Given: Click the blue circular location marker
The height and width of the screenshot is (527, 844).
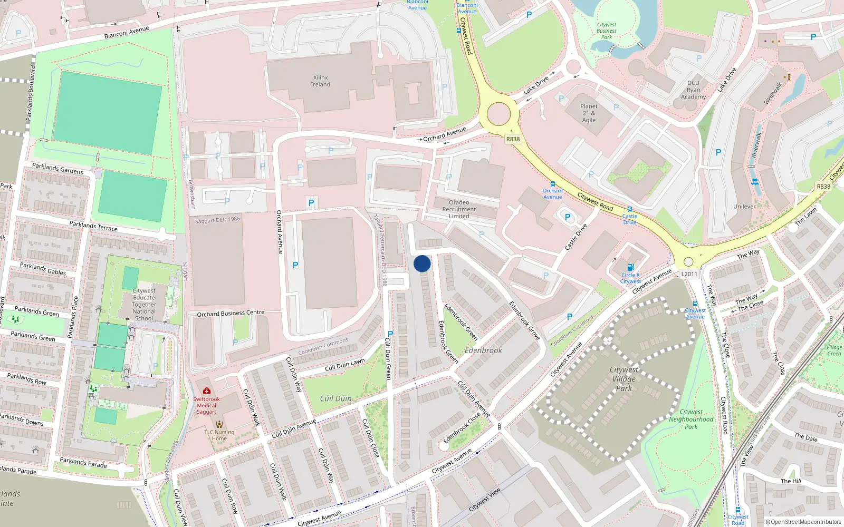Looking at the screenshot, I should tap(422, 263).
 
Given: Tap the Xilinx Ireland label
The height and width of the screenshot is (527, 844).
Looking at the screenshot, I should tap(320, 81).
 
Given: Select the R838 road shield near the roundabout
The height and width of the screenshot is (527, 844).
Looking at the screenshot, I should tap(513, 139).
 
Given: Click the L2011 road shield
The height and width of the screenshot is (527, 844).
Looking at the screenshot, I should tap(689, 274).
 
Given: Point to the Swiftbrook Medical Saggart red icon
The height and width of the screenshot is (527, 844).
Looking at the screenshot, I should tap(207, 391).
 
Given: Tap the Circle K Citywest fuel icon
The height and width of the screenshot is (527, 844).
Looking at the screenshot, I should tap(630, 267).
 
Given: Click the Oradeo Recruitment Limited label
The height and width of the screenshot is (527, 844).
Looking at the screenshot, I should tap(459, 209).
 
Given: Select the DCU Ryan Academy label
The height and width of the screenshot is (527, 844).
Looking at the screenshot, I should tap(693, 90).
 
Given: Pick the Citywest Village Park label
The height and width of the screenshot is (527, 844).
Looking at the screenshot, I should tap(624, 379).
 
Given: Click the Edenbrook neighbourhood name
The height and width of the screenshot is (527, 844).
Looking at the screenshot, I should tap(483, 350).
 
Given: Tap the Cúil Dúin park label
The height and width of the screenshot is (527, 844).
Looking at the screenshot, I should tap(335, 398).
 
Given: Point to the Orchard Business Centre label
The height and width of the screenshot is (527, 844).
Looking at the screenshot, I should tap(231, 314).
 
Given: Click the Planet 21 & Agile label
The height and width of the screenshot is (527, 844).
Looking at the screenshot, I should tap(589, 113).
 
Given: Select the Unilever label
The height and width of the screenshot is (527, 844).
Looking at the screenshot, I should tap(744, 207).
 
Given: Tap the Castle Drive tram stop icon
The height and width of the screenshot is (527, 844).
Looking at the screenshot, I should tap(629, 209).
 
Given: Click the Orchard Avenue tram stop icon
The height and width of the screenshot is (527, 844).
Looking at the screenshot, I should tap(552, 184).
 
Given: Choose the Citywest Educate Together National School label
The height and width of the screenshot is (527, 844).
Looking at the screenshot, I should tap(144, 305).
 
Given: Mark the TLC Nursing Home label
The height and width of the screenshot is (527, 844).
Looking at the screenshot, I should tap(219, 435).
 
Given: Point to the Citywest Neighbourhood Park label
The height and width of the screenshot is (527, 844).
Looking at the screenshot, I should tap(691, 419).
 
